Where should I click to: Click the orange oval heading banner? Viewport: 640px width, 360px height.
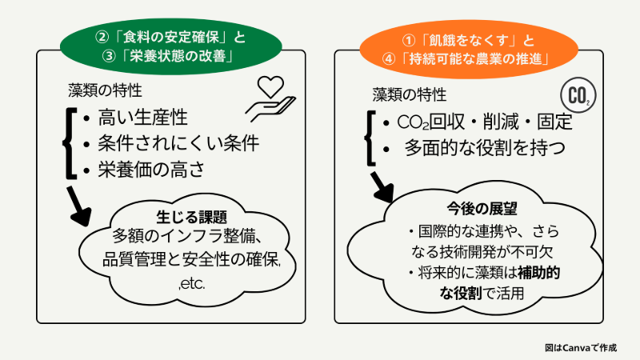[x=467, y=49]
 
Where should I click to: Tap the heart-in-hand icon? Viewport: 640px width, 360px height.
[x=271, y=95]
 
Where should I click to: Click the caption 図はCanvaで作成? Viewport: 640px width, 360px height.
[x=580, y=347]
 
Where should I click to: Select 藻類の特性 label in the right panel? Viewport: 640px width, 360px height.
[x=407, y=94]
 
